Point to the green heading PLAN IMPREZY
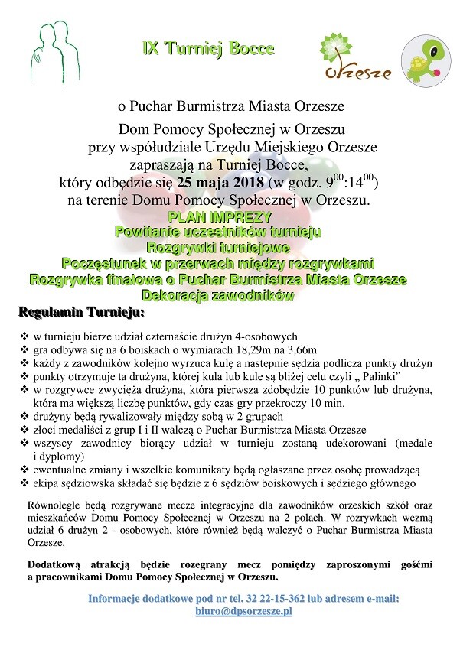click(218, 217)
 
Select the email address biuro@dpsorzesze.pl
click(244, 612)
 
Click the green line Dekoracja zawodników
click(218, 294)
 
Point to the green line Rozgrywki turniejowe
click(218, 248)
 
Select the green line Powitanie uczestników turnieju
click(218, 232)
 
